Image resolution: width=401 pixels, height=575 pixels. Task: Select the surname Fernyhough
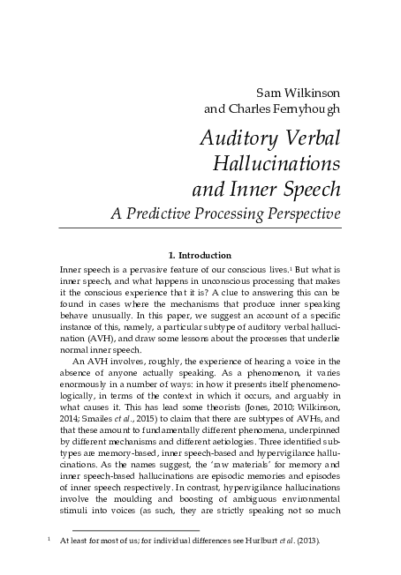click(304, 110)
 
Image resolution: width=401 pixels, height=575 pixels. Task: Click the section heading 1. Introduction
click(200, 255)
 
